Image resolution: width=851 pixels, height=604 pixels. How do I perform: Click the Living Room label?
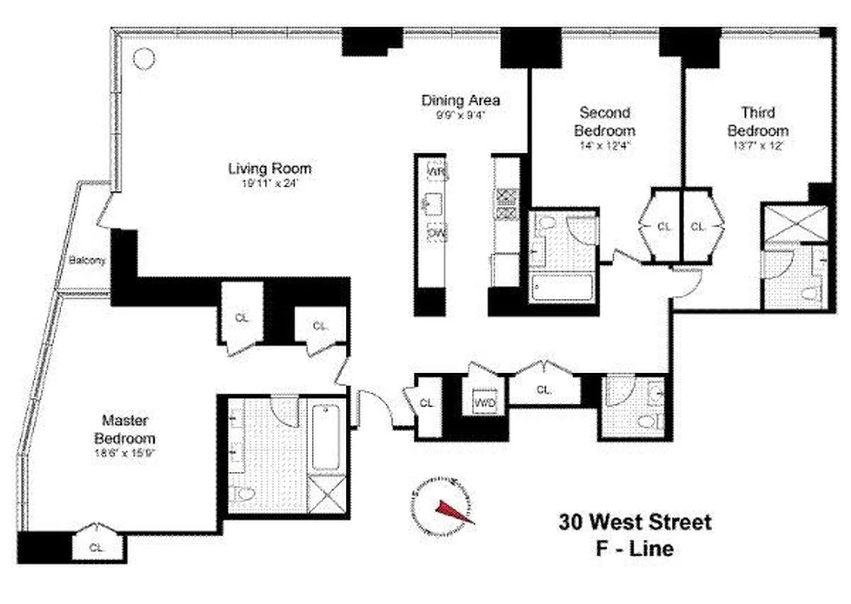tap(270, 168)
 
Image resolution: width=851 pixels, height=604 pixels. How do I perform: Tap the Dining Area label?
tap(460, 100)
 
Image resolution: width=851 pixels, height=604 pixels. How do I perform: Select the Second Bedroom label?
tap(603, 121)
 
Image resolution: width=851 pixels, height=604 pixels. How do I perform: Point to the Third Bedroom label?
tap(757, 121)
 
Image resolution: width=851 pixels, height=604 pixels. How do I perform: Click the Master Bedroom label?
tap(125, 430)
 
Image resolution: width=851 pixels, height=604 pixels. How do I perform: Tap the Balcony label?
tap(86, 260)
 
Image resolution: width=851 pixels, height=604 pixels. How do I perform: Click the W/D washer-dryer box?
tap(483, 402)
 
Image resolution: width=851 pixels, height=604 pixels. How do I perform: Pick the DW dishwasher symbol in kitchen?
tap(436, 233)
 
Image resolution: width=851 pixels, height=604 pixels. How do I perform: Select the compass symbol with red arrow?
tap(442, 507)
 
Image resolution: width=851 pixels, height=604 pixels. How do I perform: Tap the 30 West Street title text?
tap(634, 522)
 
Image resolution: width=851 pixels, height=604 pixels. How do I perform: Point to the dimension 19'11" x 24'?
tap(270, 183)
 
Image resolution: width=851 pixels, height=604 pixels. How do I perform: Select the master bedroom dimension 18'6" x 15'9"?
tap(125, 454)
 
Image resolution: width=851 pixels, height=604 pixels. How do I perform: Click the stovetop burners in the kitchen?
tap(504, 205)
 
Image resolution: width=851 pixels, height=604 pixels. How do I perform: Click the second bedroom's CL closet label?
tap(664, 226)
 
